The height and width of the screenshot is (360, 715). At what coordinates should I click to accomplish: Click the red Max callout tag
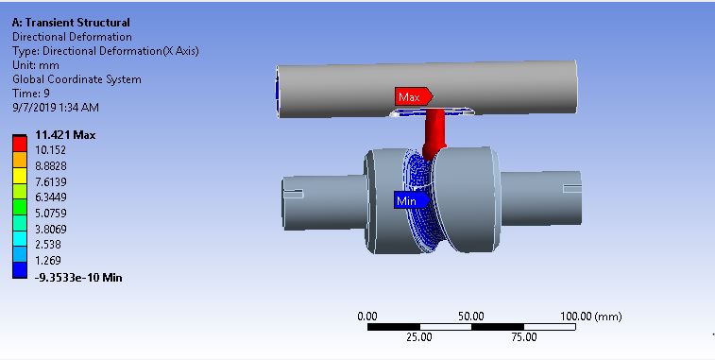pyautogui.click(x=412, y=96)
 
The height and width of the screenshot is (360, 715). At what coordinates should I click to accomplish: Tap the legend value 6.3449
pyautogui.click(x=52, y=197)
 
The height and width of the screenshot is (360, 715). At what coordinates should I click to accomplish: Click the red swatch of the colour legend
pyautogui.click(x=19, y=142)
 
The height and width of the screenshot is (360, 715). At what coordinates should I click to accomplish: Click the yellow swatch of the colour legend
pyautogui.click(x=19, y=174)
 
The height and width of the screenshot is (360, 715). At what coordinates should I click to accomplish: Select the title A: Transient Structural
pyautogui.click(x=71, y=22)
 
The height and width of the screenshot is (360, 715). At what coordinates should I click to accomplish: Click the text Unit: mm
pyautogui.click(x=37, y=65)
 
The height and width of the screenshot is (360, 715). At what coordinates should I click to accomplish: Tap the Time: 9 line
pyautogui.click(x=31, y=94)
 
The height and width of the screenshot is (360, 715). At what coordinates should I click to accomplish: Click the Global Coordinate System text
pyautogui.click(x=77, y=79)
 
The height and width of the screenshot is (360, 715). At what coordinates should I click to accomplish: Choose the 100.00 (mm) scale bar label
pyautogui.click(x=591, y=316)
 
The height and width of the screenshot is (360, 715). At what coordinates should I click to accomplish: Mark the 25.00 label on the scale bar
pyautogui.click(x=418, y=336)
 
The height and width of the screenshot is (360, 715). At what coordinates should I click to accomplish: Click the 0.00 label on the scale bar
pyautogui.click(x=367, y=316)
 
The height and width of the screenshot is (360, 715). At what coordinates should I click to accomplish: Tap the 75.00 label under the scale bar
pyautogui.click(x=523, y=336)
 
